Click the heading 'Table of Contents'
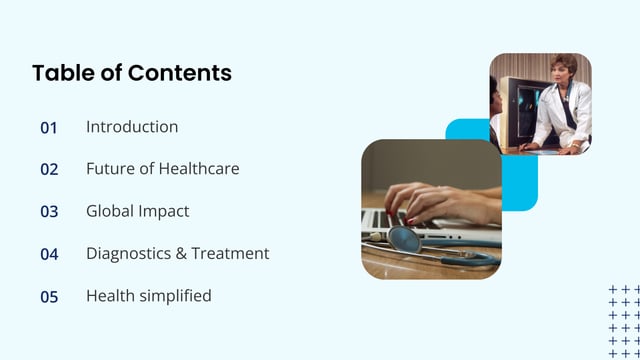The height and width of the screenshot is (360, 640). click(x=131, y=73)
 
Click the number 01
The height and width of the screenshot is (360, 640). click(x=49, y=128)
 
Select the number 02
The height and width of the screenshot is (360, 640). click(x=49, y=170)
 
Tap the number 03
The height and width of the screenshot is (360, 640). click(x=49, y=212)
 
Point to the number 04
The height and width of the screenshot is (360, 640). click(x=49, y=254)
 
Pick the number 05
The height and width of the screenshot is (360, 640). click(x=49, y=297)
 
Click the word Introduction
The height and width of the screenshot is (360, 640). click(x=132, y=127)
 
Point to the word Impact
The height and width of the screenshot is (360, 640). click(x=163, y=212)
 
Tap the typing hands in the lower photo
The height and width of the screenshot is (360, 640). click(x=440, y=200)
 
